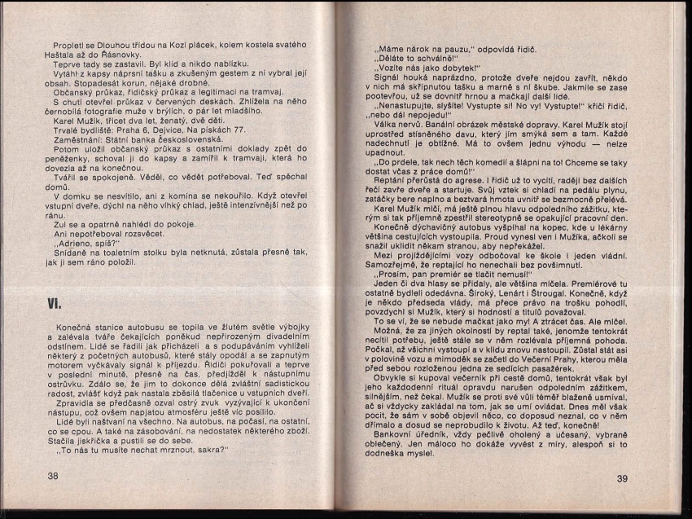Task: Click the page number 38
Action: pos(53,476)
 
